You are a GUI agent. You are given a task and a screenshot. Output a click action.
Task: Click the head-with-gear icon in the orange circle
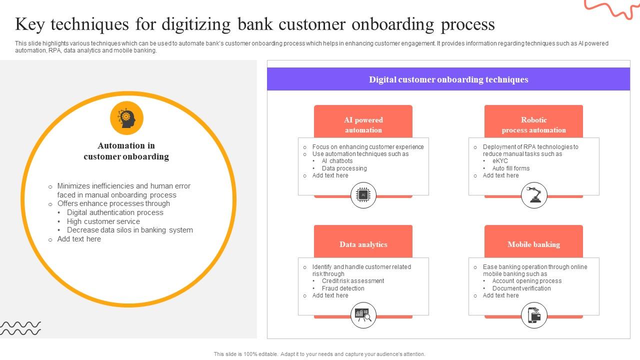coord(126,118)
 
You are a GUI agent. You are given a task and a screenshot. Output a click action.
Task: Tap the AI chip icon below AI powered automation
coord(363,195)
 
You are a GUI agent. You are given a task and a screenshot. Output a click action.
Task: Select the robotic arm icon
coord(534,195)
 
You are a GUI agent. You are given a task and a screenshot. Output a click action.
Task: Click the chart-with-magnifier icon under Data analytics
coord(363,315)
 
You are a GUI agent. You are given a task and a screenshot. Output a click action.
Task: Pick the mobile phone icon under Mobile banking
coord(534,315)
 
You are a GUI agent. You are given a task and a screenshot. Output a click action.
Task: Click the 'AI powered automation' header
coord(363,124)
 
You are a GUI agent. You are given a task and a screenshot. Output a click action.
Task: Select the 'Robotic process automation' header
coord(533,124)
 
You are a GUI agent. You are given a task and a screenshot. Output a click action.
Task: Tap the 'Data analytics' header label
coord(363,244)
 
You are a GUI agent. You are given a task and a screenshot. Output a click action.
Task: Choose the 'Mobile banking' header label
coord(533,244)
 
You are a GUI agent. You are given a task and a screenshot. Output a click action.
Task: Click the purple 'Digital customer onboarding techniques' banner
coord(448,79)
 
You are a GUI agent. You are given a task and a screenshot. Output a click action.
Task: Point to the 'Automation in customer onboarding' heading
coord(126,151)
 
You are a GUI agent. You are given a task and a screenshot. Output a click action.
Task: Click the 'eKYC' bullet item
coord(499,161)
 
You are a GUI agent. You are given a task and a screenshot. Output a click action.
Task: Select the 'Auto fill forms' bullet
coord(510,168)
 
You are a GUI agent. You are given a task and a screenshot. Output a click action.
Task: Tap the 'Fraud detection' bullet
coord(343,288)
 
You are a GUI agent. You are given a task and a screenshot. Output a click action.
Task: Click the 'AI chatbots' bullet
coord(337,161)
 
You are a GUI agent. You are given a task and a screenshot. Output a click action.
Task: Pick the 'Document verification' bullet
coord(521,288)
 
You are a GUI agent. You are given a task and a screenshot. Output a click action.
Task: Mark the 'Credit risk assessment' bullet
coord(352,281)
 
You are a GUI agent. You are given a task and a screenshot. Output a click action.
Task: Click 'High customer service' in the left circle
coord(103,221)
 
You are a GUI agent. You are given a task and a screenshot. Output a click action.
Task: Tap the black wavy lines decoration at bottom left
coord(20,328)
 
